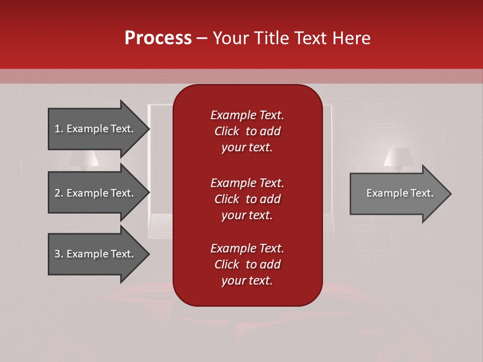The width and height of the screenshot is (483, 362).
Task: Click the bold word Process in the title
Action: point(158,38)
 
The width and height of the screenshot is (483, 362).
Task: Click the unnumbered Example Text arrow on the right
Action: point(397,193)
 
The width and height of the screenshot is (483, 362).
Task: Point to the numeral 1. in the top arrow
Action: point(58,129)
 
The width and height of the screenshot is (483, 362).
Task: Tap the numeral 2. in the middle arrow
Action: point(58,193)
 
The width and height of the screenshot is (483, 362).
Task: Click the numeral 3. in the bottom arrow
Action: point(58,254)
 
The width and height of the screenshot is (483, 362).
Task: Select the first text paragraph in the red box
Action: point(247,131)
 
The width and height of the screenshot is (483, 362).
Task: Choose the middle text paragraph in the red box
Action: point(247,199)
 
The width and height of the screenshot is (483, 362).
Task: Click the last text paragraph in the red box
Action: point(247,264)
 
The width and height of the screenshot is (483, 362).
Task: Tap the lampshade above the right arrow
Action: point(398,156)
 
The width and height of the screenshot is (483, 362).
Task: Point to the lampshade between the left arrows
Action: point(84,160)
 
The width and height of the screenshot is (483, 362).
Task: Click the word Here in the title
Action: point(352,38)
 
